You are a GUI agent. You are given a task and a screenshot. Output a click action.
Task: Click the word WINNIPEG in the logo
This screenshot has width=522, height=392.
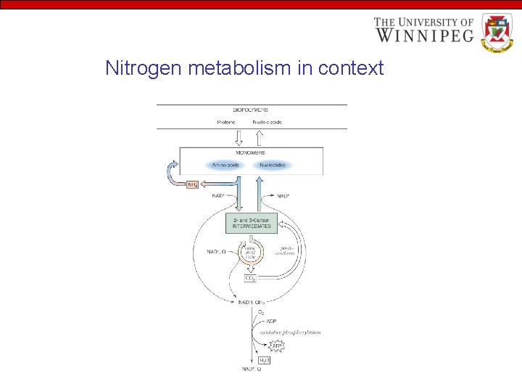pyautogui.click(x=424, y=34)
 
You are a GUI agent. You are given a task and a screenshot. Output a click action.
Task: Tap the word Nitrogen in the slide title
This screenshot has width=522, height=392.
pyautogui.click(x=144, y=68)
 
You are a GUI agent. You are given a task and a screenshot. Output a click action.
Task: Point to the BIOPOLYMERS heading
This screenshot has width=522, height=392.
pyautogui.click(x=252, y=110)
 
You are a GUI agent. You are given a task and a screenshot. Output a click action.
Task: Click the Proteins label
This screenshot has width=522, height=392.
pyautogui.click(x=227, y=122)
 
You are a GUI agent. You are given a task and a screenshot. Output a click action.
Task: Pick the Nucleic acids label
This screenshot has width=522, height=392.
pyautogui.click(x=268, y=122)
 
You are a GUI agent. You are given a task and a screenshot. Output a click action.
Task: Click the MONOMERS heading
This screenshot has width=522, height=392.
pyautogui.click(x=251, y=152)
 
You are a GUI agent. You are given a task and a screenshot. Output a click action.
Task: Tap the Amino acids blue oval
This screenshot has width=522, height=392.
pyautogui.click(x=226, y=165)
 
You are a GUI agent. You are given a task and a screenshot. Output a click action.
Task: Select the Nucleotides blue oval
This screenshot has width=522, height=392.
pyautogui.click(x=272, y=165)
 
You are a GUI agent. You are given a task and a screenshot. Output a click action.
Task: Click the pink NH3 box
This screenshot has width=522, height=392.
pyautogui.click(x=193, y=185)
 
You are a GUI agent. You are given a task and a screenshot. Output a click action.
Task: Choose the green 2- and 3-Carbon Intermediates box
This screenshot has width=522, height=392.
pyautogui.click(x=251, y=223)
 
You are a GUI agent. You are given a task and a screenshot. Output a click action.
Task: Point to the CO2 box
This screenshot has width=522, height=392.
pyautogui.click(x=251, y=277)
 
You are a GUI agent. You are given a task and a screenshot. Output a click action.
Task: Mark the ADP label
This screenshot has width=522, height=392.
pyautogui.click(x=270, y=321)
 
